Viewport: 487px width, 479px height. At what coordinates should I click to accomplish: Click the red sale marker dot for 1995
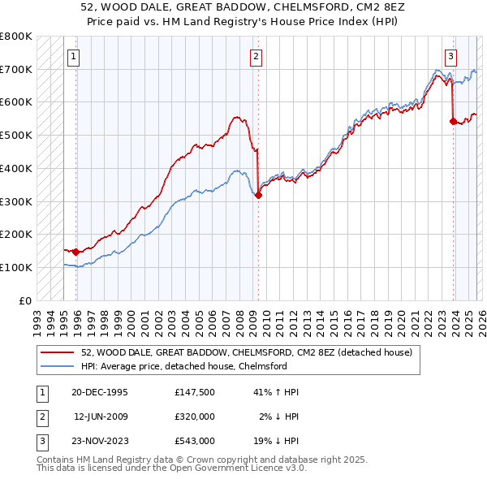(x=75, y=252)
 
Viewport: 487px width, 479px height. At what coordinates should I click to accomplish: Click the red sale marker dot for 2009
(x=258, y=195)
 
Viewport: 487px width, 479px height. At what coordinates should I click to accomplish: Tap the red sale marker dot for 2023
(x=453, y=121)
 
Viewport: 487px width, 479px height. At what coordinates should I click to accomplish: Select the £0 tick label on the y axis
(x=24, y=300)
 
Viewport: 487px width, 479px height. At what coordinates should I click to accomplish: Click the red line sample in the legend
(x=58, y=352)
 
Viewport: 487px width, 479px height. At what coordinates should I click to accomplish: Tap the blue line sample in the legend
(x=58, y=366)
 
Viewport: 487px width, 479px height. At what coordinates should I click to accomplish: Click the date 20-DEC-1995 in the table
(x=100, y=392)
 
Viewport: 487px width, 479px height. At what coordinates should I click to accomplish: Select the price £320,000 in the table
(x=194, y=416)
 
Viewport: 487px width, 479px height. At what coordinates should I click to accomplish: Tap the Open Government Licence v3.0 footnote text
(x=230, y=468)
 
